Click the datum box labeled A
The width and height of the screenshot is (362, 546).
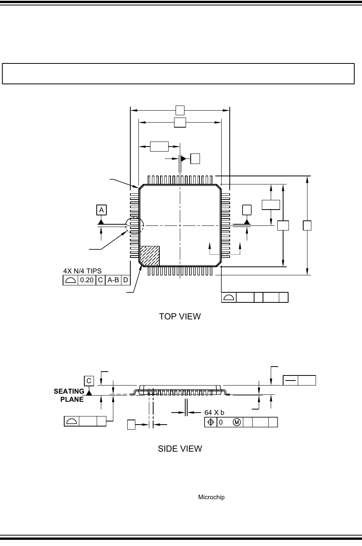pyautogui.click(x=101, y=210)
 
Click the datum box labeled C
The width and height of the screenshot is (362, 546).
pyautogui.click(x=89, y=380)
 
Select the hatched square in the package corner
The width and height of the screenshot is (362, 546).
pyautogui.click(x=150, y=256)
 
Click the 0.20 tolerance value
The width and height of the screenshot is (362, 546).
pyautogui.click(x=87, y=280)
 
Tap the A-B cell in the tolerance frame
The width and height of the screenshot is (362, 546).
pyautogui.click(x=113, y=280)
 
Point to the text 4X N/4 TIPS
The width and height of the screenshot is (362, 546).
pyautogui.click(x=82, y=271)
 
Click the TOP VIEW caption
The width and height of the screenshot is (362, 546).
pyautogui.click(x=180, y=316)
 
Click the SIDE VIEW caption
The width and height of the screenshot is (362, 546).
pyautogui.click(x=180, y=449)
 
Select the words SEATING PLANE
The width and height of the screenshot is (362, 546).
pyautogui.click(x=70, y=396)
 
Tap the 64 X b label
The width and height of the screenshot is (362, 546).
pyautogui.click(x=214, y=412)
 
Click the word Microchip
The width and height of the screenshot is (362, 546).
pyautogui.click(x=211, y=497)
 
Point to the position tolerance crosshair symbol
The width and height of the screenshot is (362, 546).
pyautogui.click(x=211, y=422)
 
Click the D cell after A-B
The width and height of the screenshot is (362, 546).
pyautogui.click(x=125, y=280)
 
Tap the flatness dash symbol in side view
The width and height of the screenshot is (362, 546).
pyautogui.click(x=290, y=380)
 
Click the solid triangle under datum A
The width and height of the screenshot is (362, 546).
pyautogui.click(x=101, y=222)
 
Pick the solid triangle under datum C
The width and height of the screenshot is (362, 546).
pyautogui.click(x=89, y=392)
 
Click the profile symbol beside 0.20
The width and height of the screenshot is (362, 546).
pyautogui.click(x=70, y=280)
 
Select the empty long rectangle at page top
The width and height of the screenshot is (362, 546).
pyautogui.click(x=178, y=73)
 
